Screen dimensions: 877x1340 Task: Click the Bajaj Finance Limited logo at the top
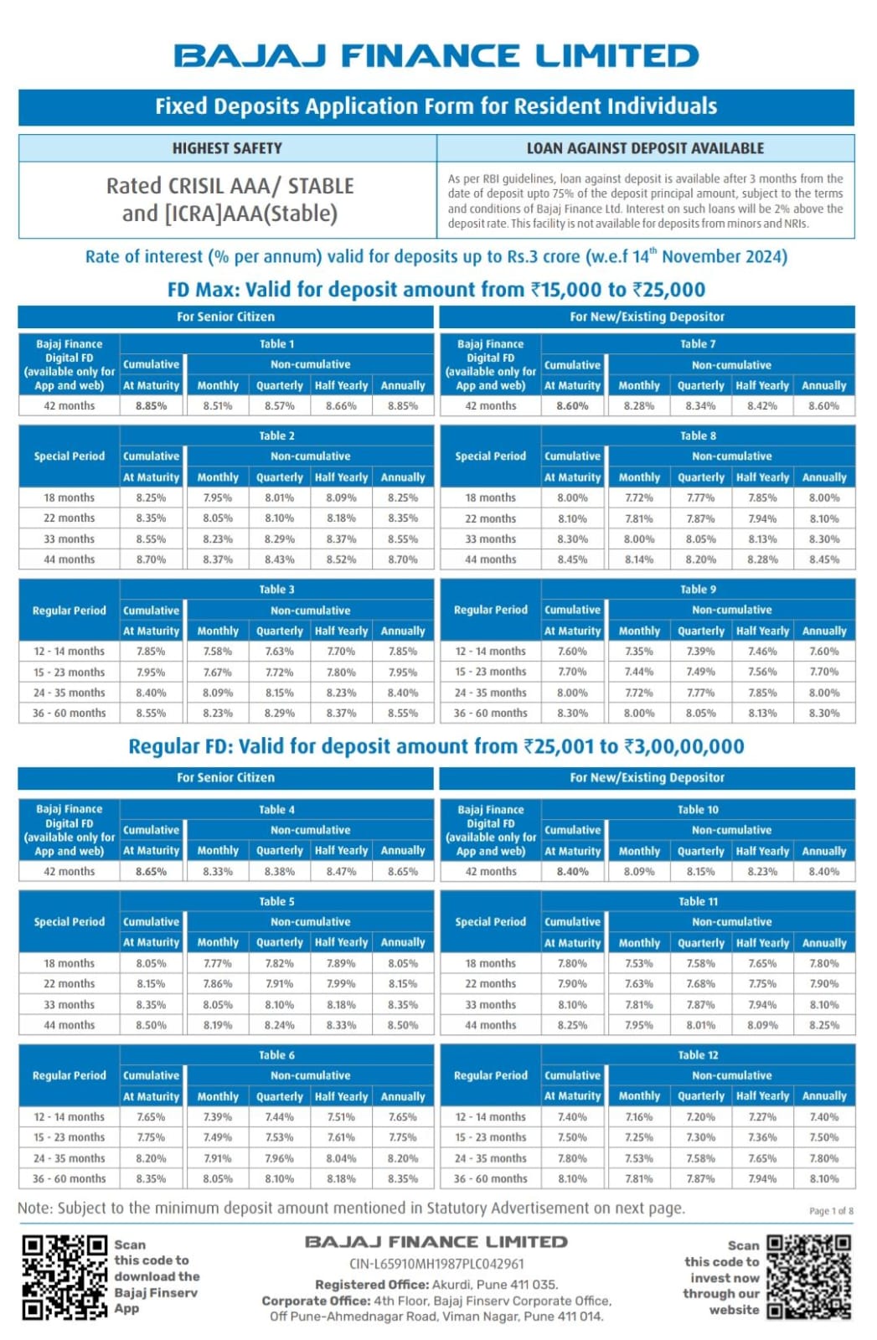(436, 55)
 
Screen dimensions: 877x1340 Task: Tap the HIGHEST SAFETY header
(227, 148)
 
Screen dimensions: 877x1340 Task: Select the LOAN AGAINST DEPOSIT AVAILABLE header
(645, 148)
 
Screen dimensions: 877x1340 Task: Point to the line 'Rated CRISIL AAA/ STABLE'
(230, 186)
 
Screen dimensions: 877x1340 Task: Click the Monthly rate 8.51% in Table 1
(217, 405)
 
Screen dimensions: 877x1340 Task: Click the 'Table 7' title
(698, 344)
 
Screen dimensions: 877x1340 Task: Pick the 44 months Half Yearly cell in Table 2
(341, 559)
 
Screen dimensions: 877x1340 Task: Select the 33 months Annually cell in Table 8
(823, 539)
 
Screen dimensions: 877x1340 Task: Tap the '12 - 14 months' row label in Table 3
(69, 652)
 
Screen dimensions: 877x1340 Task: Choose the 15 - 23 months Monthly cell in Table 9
(639, 672)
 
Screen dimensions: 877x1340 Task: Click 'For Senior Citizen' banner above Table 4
(225, 778)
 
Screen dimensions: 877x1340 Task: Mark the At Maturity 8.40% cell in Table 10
(572, 872)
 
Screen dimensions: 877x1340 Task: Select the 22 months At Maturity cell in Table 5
(151, 983)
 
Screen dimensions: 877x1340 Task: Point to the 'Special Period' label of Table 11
(490, 922)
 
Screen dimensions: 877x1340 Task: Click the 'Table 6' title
(276, 1055)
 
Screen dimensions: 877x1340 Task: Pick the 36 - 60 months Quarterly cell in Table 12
(700, 1178)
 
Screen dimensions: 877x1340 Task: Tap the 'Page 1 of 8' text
(831, 1211)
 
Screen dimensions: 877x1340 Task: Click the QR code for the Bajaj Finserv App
(64, 1277)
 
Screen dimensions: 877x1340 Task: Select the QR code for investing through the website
(809, 1277)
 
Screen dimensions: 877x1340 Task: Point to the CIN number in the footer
(436, 1264)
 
